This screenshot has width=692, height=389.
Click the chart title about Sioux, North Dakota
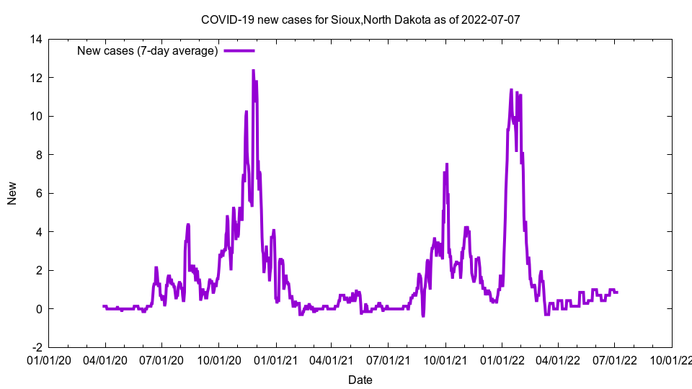point(360,19)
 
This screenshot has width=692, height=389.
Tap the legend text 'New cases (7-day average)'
point(147,50)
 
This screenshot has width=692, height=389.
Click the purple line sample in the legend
point(239,50)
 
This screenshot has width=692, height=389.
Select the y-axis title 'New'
point(12,193)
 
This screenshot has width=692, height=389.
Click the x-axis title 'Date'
point(360,380)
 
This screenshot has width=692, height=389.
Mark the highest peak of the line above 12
point(253,71)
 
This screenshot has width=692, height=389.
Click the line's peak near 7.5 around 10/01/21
point(447,164)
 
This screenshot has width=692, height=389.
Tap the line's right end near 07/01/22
point(617,292)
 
